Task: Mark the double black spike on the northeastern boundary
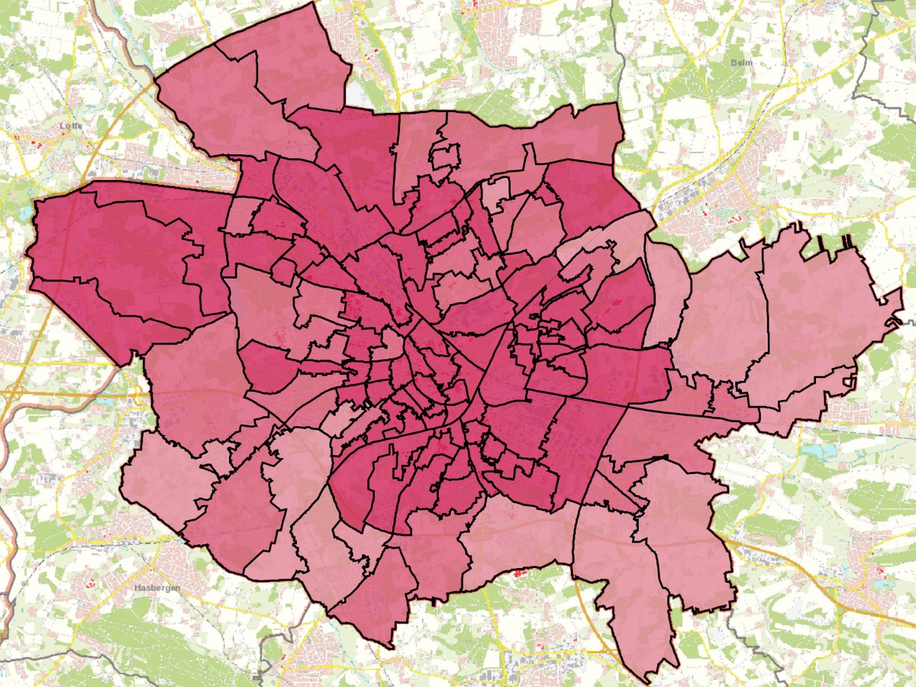(847, 243)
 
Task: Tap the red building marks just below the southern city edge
(521, 571)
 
